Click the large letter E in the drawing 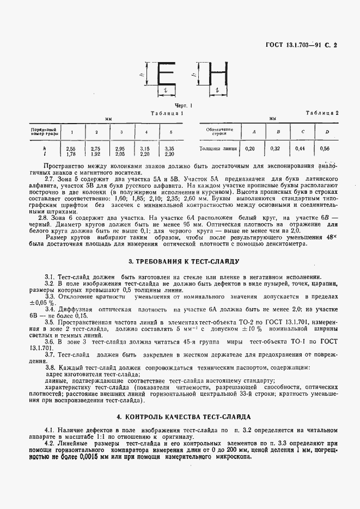pyautogui.click(x=166, y=74)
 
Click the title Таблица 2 pyautogui.click(x=322, y=113)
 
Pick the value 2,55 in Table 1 pyautogui.click(x=71, y=149)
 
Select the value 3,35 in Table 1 pyautogui.click(x=170, y=149)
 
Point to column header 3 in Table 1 pyautogui.click(x=121, y=132)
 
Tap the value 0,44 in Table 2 pyautogui.click(x=300, y=148)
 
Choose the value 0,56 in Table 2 pyautogui.click(x=326, y=148)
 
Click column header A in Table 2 pyautogui.click(x=253, y=132)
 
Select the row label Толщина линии pyautogui.click(x=218, y=148)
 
